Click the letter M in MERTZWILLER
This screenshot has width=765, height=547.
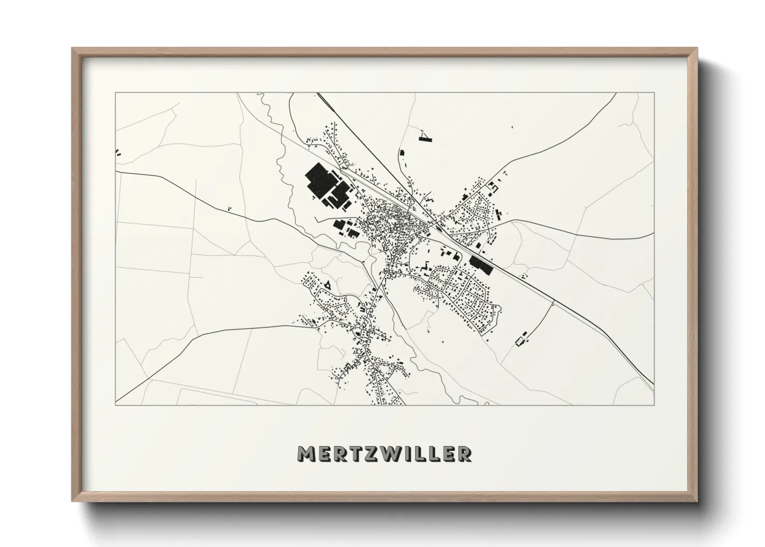(305, 454)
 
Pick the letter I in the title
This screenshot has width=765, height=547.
(410, 454)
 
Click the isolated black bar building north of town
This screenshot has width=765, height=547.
(402, 153)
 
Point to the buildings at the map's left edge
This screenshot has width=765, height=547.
(118, 153)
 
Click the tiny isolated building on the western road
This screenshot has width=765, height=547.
(229, 208)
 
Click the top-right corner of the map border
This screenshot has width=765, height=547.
(654, 93)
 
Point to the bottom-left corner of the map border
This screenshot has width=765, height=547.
(116, 404)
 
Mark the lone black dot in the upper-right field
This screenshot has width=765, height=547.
(513, 127)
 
